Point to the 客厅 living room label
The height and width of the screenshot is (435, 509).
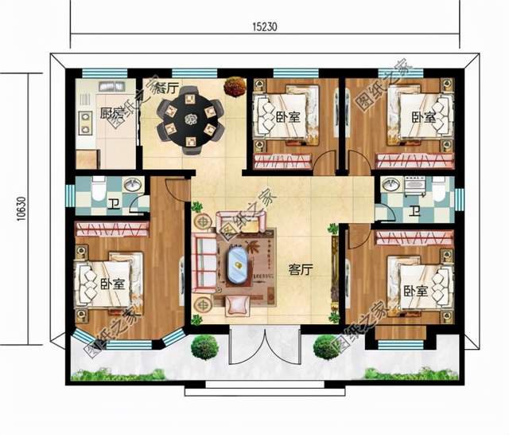299,269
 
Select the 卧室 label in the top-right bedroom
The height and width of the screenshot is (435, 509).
423,118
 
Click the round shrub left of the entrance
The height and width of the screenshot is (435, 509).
205,346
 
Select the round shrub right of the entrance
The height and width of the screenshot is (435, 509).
325,346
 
